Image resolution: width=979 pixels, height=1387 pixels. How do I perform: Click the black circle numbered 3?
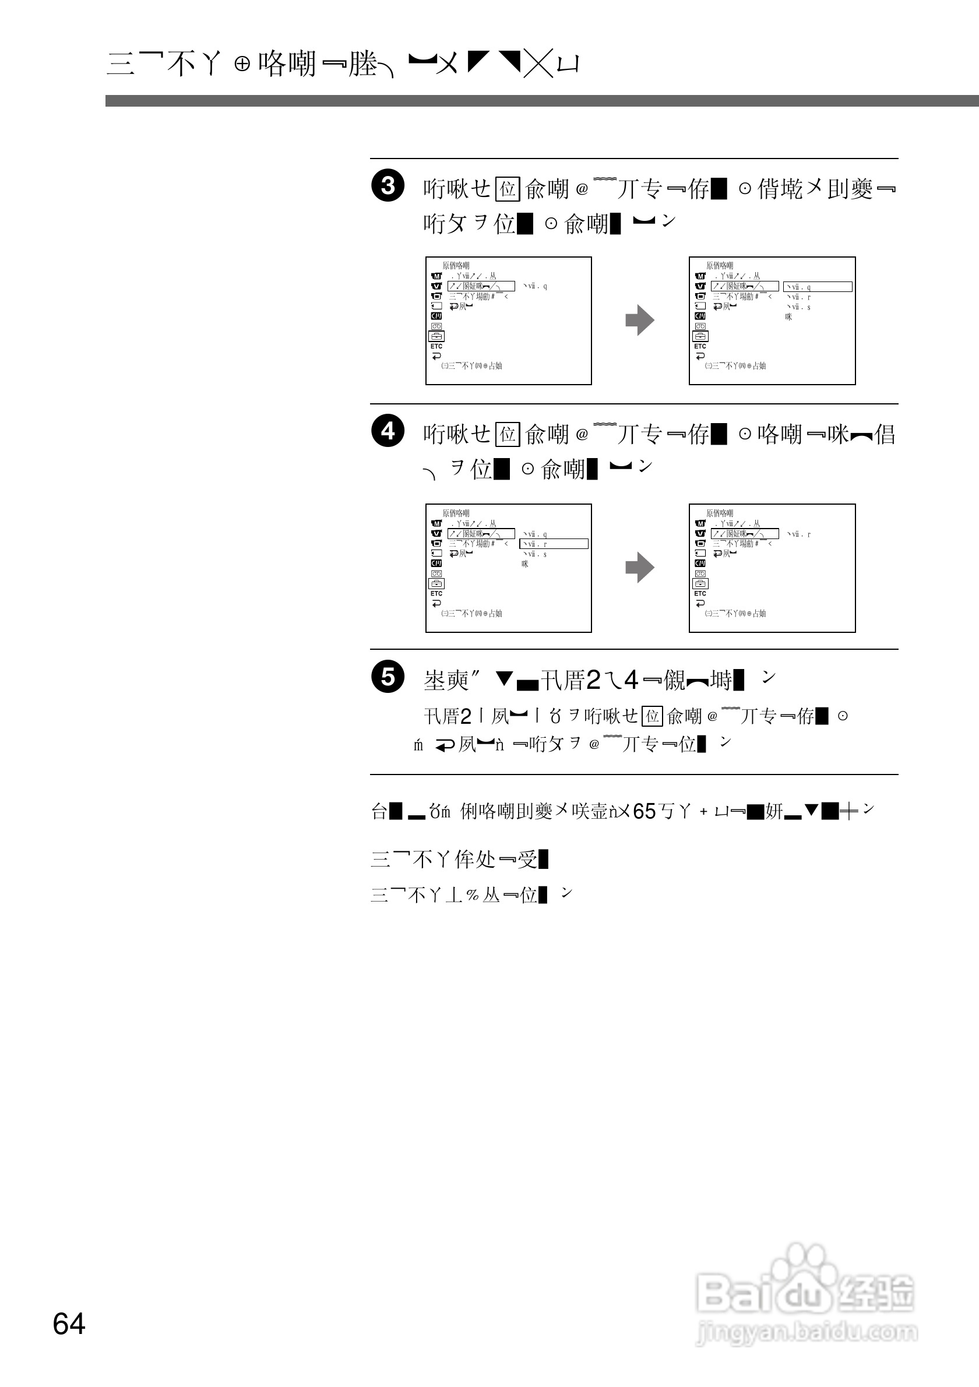[387, 185]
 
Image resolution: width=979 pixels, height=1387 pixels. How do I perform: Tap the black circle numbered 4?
[387, 431]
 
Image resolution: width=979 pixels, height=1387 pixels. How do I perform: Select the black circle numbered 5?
[387, 677]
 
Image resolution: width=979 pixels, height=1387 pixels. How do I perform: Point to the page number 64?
[69, 1324]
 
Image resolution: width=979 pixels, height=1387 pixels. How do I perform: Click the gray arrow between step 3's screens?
[640, 320]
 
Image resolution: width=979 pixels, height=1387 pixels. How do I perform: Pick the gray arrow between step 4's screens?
[640, 567]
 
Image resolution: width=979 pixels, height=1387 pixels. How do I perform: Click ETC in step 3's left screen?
[436, 347]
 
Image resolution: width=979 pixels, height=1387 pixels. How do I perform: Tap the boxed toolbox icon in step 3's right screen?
[700, 336]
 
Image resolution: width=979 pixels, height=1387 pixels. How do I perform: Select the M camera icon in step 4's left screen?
[436, 524]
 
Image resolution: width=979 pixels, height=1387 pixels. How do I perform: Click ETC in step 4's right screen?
[700, 594]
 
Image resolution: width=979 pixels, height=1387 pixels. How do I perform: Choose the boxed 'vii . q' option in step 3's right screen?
[817, 287]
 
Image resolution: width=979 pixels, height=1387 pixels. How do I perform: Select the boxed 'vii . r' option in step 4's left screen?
[553, 544]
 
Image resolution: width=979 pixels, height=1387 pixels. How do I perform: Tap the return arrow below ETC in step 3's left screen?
[436, 357]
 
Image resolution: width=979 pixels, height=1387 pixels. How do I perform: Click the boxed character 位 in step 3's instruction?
[508, 189]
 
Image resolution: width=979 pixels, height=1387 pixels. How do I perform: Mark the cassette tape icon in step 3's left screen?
[436, 326]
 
